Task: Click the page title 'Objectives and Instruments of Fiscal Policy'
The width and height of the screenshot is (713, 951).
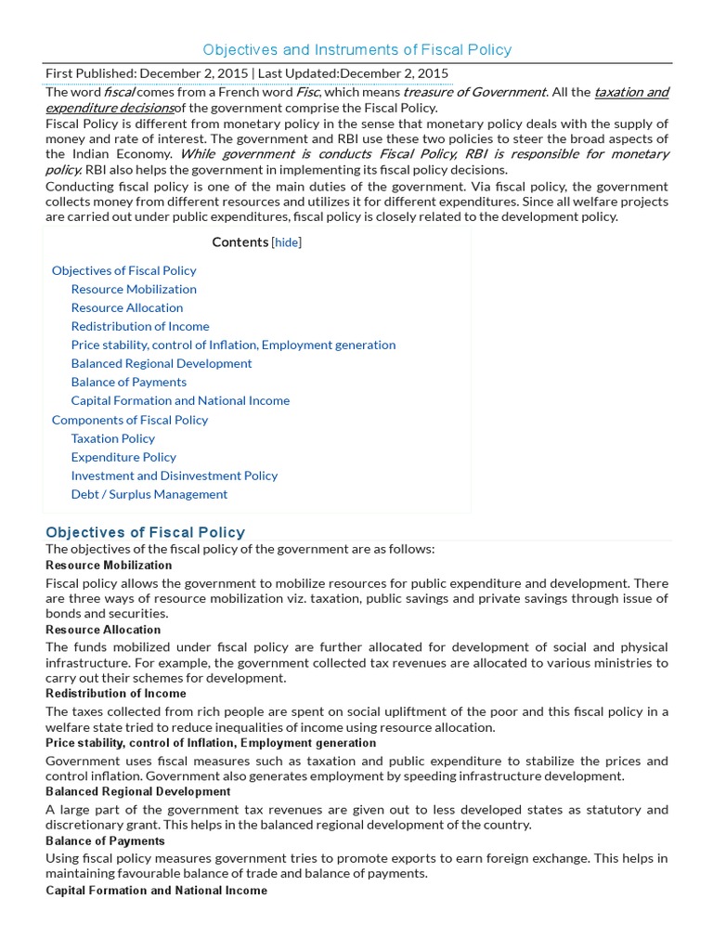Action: (357, 49)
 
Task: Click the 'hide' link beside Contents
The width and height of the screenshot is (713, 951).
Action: (286, 242)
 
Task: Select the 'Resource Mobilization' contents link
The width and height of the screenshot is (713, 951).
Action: (134, 289)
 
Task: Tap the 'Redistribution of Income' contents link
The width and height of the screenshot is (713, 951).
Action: (140, 326)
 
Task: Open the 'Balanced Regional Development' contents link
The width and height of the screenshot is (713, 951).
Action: (162, 363)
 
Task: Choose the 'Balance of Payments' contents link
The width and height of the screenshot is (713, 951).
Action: (129, 382)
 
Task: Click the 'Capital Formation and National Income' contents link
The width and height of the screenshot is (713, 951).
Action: (180, 400)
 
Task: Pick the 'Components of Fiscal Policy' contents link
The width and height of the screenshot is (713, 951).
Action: (130, 420)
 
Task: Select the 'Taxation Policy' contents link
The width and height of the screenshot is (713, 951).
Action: (113, 438)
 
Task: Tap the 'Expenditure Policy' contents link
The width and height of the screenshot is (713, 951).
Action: (123, 457)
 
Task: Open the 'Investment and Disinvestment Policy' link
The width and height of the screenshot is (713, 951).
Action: (175, 475)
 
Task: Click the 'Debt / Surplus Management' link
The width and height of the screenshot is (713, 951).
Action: (149, 494)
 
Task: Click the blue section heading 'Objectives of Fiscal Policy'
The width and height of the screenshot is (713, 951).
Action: (146, 532)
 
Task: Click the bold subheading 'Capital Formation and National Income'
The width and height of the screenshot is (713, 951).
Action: (156, 891)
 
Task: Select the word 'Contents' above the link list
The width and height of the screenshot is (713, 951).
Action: (240, 242)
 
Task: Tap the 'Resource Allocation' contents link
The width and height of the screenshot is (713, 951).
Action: (127, 307)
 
